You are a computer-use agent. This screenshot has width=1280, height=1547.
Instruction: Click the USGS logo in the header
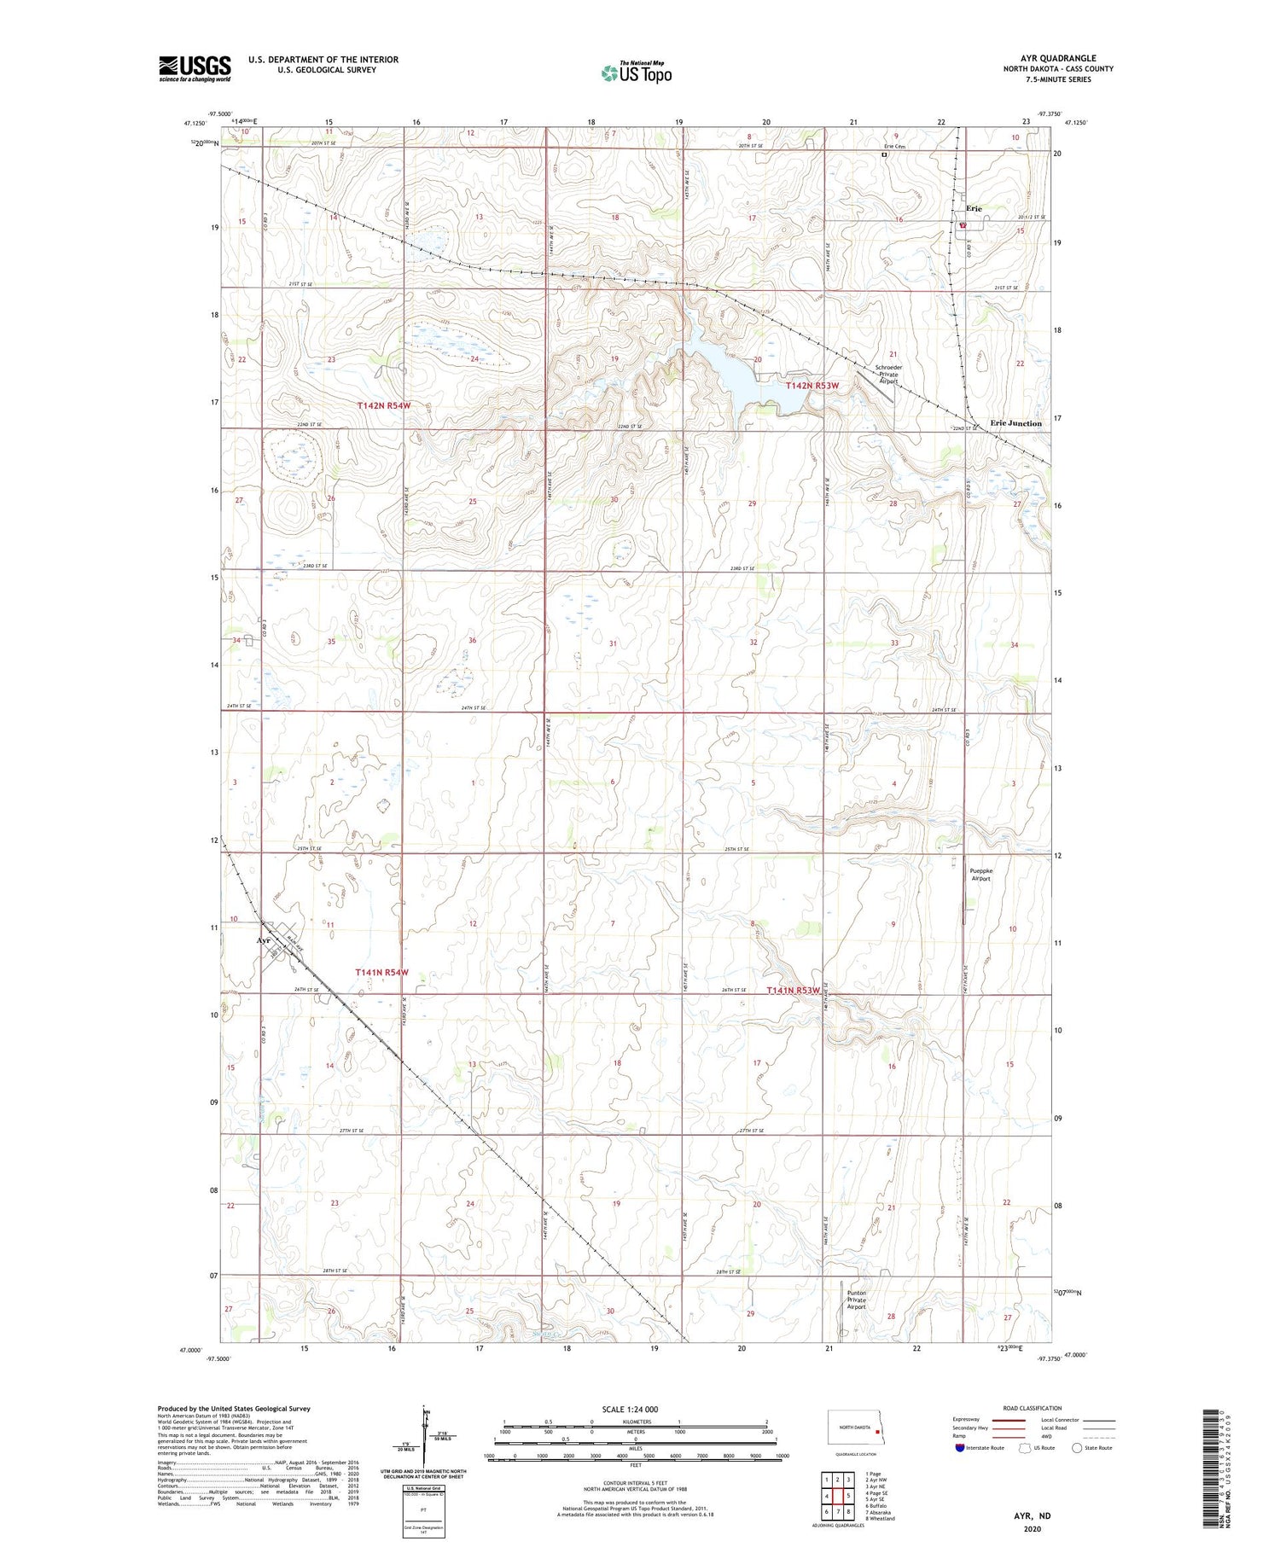point(195,68)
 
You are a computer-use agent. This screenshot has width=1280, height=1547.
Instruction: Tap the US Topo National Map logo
point(636,73)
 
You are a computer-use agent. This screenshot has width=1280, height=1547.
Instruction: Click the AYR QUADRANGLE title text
point(1058,58)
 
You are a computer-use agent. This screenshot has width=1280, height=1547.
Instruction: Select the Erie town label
point(974,208)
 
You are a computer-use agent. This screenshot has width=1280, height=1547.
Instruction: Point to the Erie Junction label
point(1015,423)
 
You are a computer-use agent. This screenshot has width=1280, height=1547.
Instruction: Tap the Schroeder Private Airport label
point(888,375)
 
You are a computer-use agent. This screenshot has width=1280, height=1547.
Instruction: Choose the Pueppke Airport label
point(981,875)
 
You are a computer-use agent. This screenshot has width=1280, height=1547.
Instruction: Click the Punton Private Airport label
point(856,1300)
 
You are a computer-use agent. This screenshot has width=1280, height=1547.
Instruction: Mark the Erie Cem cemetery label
point(893,147)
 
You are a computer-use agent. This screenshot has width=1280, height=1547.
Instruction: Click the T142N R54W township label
point(384,406)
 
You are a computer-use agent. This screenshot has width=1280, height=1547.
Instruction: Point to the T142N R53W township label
point(812,386)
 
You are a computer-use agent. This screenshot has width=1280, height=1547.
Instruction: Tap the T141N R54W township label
point(381,972)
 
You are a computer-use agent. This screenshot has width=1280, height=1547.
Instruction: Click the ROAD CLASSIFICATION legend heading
point(1033,1408)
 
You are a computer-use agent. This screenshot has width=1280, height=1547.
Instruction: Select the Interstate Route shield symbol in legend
point(960,1448)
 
